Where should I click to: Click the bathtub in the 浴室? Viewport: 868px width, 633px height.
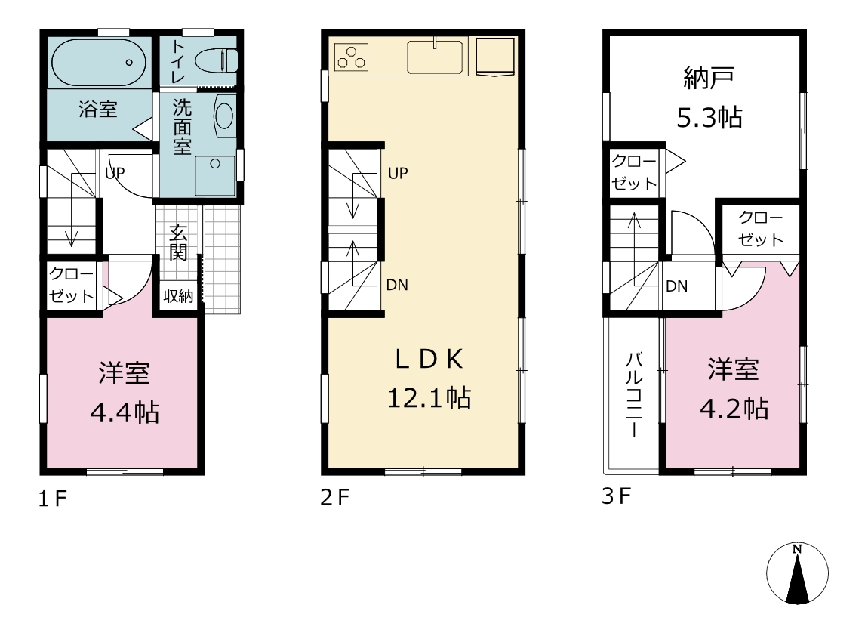tap(99, 62)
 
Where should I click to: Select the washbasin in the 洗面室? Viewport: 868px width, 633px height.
tap(224, 116)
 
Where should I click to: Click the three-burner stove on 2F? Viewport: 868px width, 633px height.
tap(351, 57)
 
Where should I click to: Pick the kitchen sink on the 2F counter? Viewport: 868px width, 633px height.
tap(435, 57)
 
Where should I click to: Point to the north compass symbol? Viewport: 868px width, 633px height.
tap(797, 573)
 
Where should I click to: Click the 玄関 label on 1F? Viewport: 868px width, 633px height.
tap(177, 242)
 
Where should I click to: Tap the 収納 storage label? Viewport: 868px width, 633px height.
tap(178, 296)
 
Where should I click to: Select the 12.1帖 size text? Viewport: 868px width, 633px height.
tap(429, 397)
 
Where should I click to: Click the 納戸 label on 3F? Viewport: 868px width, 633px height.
tap(709, 78)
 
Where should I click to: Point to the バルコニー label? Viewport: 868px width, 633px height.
tap(634, 394)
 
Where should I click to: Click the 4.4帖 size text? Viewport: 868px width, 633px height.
tap(125, 412)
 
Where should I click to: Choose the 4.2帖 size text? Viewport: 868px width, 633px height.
tap(734, 409)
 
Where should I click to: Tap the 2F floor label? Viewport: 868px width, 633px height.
tap(335, 497)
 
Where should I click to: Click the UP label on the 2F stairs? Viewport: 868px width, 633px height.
tap(398, 173)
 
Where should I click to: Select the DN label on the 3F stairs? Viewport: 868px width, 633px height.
tap(676, 286)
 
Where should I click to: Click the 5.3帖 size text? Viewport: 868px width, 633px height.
tap(709, 117)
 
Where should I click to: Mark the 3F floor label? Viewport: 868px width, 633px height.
tap(617, 496)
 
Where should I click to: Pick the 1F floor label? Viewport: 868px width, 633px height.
tap(53, 499)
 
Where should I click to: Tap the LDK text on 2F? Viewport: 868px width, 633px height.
tap(429, 360)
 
